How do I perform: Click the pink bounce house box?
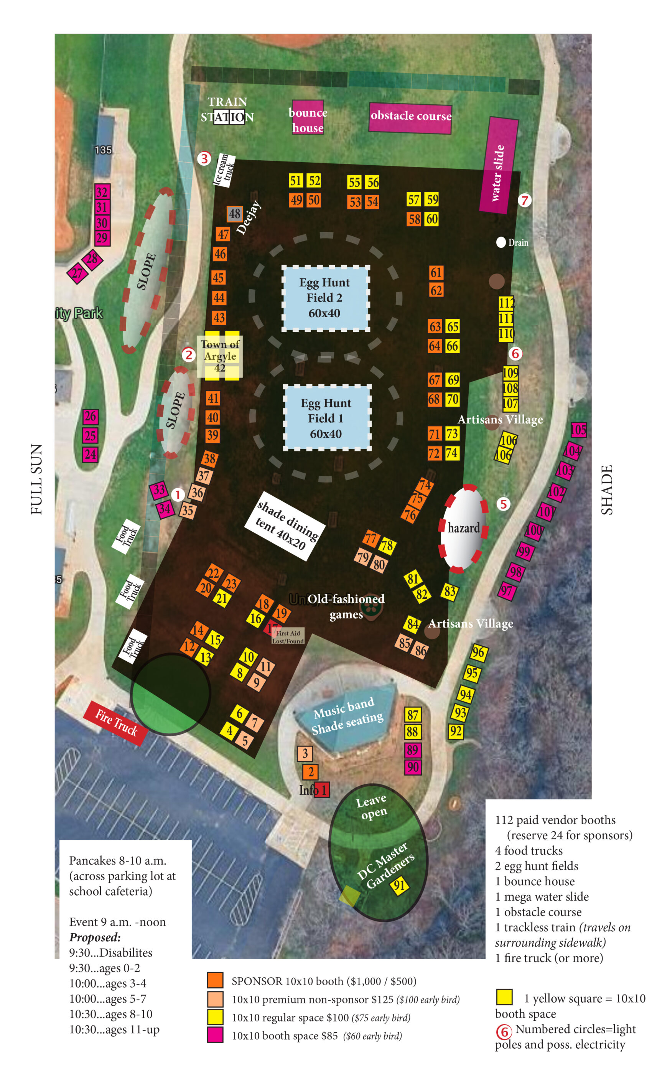pyautogui.click(x=307, y=117)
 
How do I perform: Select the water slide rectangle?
pyautogui.click(x=499, y=165)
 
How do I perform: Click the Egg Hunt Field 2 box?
pyautogui.click(x=325, y=298)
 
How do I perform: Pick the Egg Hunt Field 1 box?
pyautogui.click(x=327, y=418)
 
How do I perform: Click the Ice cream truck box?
pyautogui.click(x=224, y=170)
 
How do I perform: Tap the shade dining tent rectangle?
pyautogui.click(x=285, y=525)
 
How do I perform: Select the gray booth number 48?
pyautogui.click(x=234, y=214)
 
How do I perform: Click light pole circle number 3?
pyautogui.click(x=204, y=159)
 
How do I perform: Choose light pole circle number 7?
pyautogui.click(x=525, y=200)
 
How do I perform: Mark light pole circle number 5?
pyautogui.click(x=503, y=504)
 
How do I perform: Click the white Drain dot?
pyautogui.click(x=501, y=242)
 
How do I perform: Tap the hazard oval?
pyautogui.click(x=464, y=528)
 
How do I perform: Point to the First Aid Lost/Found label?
pyautogui.click(x=288, y=637)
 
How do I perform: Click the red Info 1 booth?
pyautogui.click(x=322, y=790)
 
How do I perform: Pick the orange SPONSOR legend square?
pyautogui.click(x=215, y=980)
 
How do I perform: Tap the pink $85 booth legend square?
pyautogui.click(x=215, y=1035)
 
